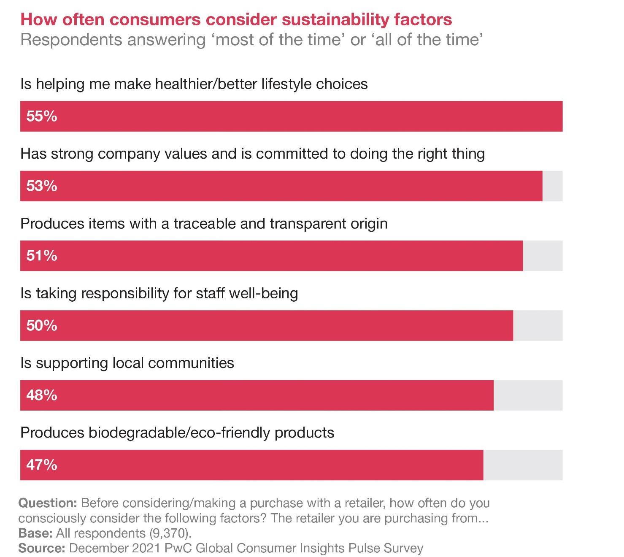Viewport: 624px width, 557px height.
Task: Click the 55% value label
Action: pyautogui.click(x=41, y=116)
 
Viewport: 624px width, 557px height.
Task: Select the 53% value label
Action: pyautogui.click(x=41, y=186)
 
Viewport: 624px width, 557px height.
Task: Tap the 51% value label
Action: pyautogui.click(x=41, y=256)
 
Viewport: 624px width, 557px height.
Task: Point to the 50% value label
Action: pyautogui.click(x=41, y=325)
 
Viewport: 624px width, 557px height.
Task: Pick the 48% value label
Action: pyautogui.click(x=41, y=395)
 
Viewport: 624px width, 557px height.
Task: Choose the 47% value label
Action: pyautogui.click(x=41, y=465)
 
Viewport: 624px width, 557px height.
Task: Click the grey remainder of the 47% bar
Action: pyautogui.click(x=523, y=465)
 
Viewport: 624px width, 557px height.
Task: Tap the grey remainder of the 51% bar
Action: pyautogui.click(x=543, y=256)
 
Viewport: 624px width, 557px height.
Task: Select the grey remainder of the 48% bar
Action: pyautogui.click(x=528, y=395)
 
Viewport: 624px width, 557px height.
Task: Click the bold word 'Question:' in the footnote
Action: pyautogui.click(x=47, y=503)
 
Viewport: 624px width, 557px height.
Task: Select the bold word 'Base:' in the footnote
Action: pyautogui.click(x=35, y=533)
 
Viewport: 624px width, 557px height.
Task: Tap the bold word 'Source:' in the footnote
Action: pyautogui.click(x=41, y=548)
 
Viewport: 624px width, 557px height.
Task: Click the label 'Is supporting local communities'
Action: pyautogui.click(x=127, y=363)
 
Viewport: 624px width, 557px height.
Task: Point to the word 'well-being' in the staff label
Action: pyautogui.click(x=263, y=293)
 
